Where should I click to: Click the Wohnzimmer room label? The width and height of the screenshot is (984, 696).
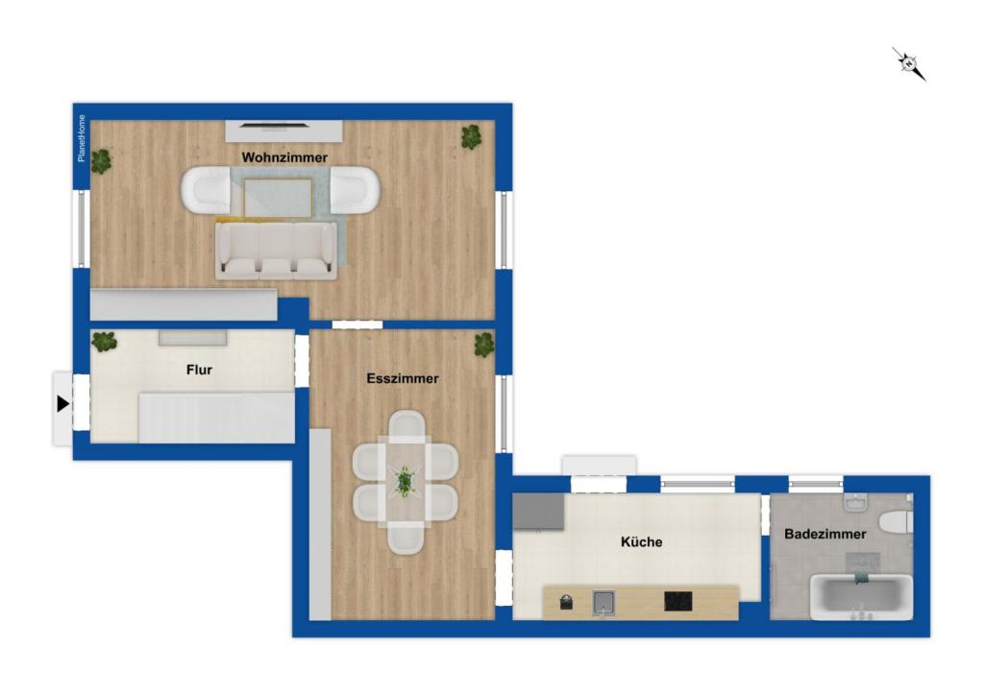click(284, 157)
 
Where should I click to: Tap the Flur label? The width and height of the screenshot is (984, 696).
click(199, 370)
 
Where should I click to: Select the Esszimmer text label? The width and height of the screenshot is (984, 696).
click(403, 379)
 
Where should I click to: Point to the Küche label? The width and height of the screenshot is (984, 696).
click(641, 541)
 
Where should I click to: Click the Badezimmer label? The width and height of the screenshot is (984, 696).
click(825, 534)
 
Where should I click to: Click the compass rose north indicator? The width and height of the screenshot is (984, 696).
click(909, 63)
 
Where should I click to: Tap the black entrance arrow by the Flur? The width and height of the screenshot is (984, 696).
click(62, 404)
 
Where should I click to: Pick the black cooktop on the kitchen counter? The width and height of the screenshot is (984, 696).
click(678, 601)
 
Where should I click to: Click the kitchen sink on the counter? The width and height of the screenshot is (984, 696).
click(603, 603)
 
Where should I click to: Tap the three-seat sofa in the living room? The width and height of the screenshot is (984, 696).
click(276, 251)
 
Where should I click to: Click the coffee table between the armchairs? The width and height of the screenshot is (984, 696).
click(279, 197)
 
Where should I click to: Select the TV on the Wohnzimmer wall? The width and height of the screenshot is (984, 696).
click(275, 125)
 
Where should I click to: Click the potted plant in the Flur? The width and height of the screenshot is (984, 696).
click(104, 342)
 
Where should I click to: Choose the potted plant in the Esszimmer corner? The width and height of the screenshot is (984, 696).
click(484, 345)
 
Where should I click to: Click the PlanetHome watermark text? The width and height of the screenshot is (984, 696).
click(82, 138)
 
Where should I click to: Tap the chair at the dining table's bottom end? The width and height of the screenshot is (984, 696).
click(406, 540)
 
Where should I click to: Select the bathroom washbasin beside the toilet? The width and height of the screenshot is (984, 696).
click(854, 501)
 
